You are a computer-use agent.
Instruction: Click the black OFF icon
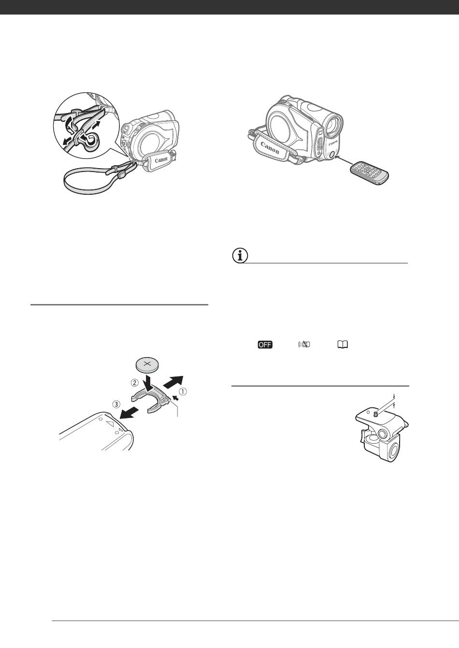(265, 345)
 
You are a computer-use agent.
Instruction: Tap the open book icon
(343, 345)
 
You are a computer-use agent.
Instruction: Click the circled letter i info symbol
(240, 256)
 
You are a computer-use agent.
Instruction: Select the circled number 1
(183, 391)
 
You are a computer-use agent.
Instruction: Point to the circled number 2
(134, 382)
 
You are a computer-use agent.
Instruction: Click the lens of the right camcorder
(333, 127)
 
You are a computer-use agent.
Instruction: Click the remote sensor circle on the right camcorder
(331, 155)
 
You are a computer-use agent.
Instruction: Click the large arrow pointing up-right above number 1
(173, 381)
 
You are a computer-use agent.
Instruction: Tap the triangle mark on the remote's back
(111, 425)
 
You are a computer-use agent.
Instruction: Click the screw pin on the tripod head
(375, 414)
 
